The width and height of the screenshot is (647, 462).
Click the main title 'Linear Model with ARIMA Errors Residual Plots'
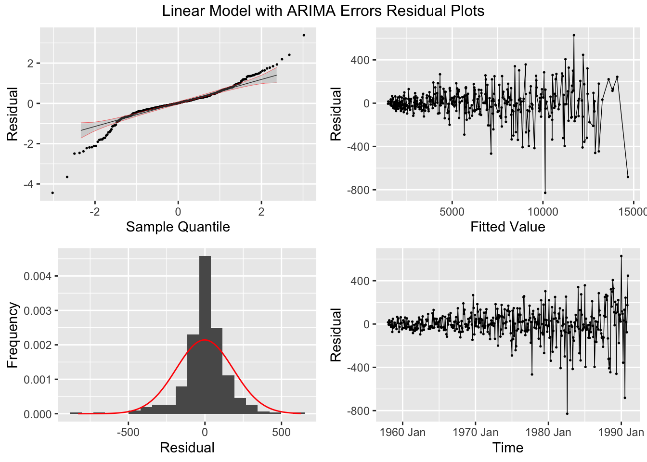(x=323, y=11)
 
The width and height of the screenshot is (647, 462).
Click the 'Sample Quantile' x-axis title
(x=178, y=227)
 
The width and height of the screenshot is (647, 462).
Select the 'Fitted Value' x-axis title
(x=507, y=227)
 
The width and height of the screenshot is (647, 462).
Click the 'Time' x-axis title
(x=507, y=448)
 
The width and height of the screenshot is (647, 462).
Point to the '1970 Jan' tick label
(x=475, y=432)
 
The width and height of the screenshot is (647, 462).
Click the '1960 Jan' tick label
(x=402, y=432)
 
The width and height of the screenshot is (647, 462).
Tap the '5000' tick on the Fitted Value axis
(x=452, y=211)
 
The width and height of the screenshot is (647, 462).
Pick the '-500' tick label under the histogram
(x=128, y=432)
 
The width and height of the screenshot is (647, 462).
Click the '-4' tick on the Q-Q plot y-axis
(x=30, y=184)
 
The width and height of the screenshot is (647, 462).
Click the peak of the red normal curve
(x=205, y=340)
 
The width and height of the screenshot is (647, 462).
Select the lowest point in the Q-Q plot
(x=52, y=192)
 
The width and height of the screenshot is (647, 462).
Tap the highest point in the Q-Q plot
(x=304, y=35)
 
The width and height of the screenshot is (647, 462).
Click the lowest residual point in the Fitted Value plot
(x=545, y=192)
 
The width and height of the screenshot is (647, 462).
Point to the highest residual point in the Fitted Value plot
(x=574, y=35)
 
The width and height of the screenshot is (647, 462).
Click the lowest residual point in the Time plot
(x=567, y=413)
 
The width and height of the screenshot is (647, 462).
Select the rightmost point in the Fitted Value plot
(x=628, y=177)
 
